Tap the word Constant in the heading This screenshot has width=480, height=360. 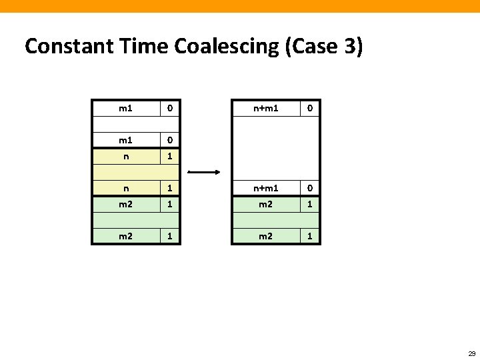(x=63, y=47)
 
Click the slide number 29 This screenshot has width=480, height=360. (x=471, y=353)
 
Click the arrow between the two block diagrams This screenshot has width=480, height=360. (x=205, y=172)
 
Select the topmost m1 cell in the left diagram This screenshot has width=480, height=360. (x=125, y=107)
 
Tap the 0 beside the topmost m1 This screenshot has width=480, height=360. (x=170, y=107)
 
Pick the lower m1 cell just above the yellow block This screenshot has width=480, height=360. (x=125, y=140)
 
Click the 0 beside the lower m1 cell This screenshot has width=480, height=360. (x=170, y=140)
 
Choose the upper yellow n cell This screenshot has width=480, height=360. (x=125, y=155)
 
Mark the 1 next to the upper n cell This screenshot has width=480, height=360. (x=170, y=155)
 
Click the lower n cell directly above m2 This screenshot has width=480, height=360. (x=125, y=188)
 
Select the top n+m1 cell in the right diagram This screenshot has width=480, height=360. (x=265, y=107)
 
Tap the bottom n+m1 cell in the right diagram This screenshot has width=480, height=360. (x=265, y=188)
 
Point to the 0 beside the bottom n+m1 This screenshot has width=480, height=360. (x=309, y=188)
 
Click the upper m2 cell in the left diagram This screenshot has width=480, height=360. (x=125, y=204)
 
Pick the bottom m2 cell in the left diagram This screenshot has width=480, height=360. (x=125, y=236)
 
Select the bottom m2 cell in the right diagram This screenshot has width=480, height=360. (x=265, y=236)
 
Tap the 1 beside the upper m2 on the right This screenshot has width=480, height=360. (x=309, y=204)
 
